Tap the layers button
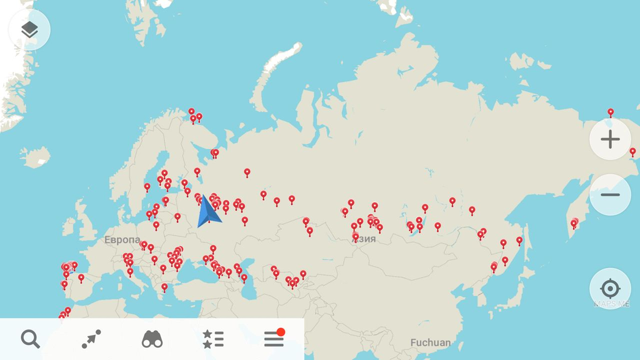tap(30, 30)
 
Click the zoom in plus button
tap(610, 139)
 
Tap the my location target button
tap(610, 289)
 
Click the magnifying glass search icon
tap(30, 339)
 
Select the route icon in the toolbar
tap(91, 339)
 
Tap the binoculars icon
tap(152, 339)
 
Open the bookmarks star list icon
tap(213, 339)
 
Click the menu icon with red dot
tap(274, 339)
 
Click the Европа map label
tap(122, 240)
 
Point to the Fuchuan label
tap(430, 342)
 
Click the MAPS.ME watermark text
tap(611, 305)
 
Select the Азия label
tap(364, 239)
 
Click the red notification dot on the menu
tap(281, 332)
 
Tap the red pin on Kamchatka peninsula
tap(574, 223)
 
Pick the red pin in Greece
tap(164, 287)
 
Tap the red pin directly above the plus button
tap(611, 112)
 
